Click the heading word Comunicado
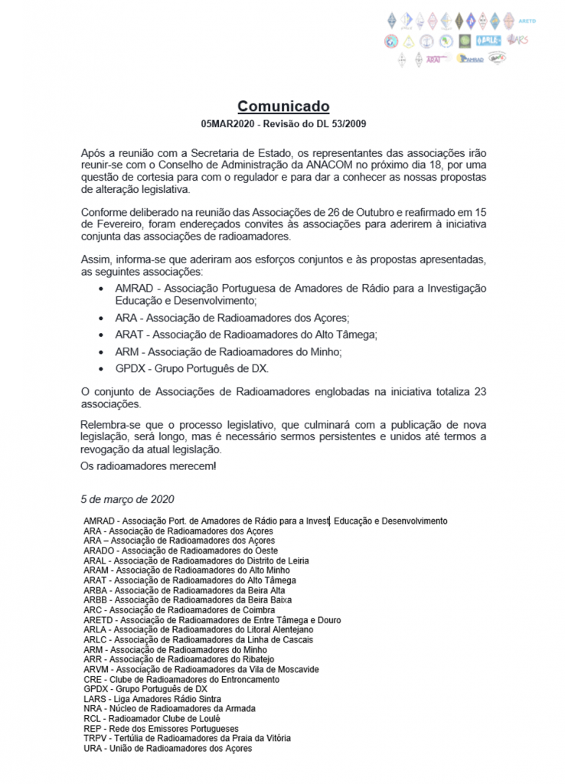tap(282, 106)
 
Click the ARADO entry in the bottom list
tap(99, 550)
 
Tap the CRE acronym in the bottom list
tap(93, 679)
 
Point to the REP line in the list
tap(161, 728)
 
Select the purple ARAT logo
tap(433, 58)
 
